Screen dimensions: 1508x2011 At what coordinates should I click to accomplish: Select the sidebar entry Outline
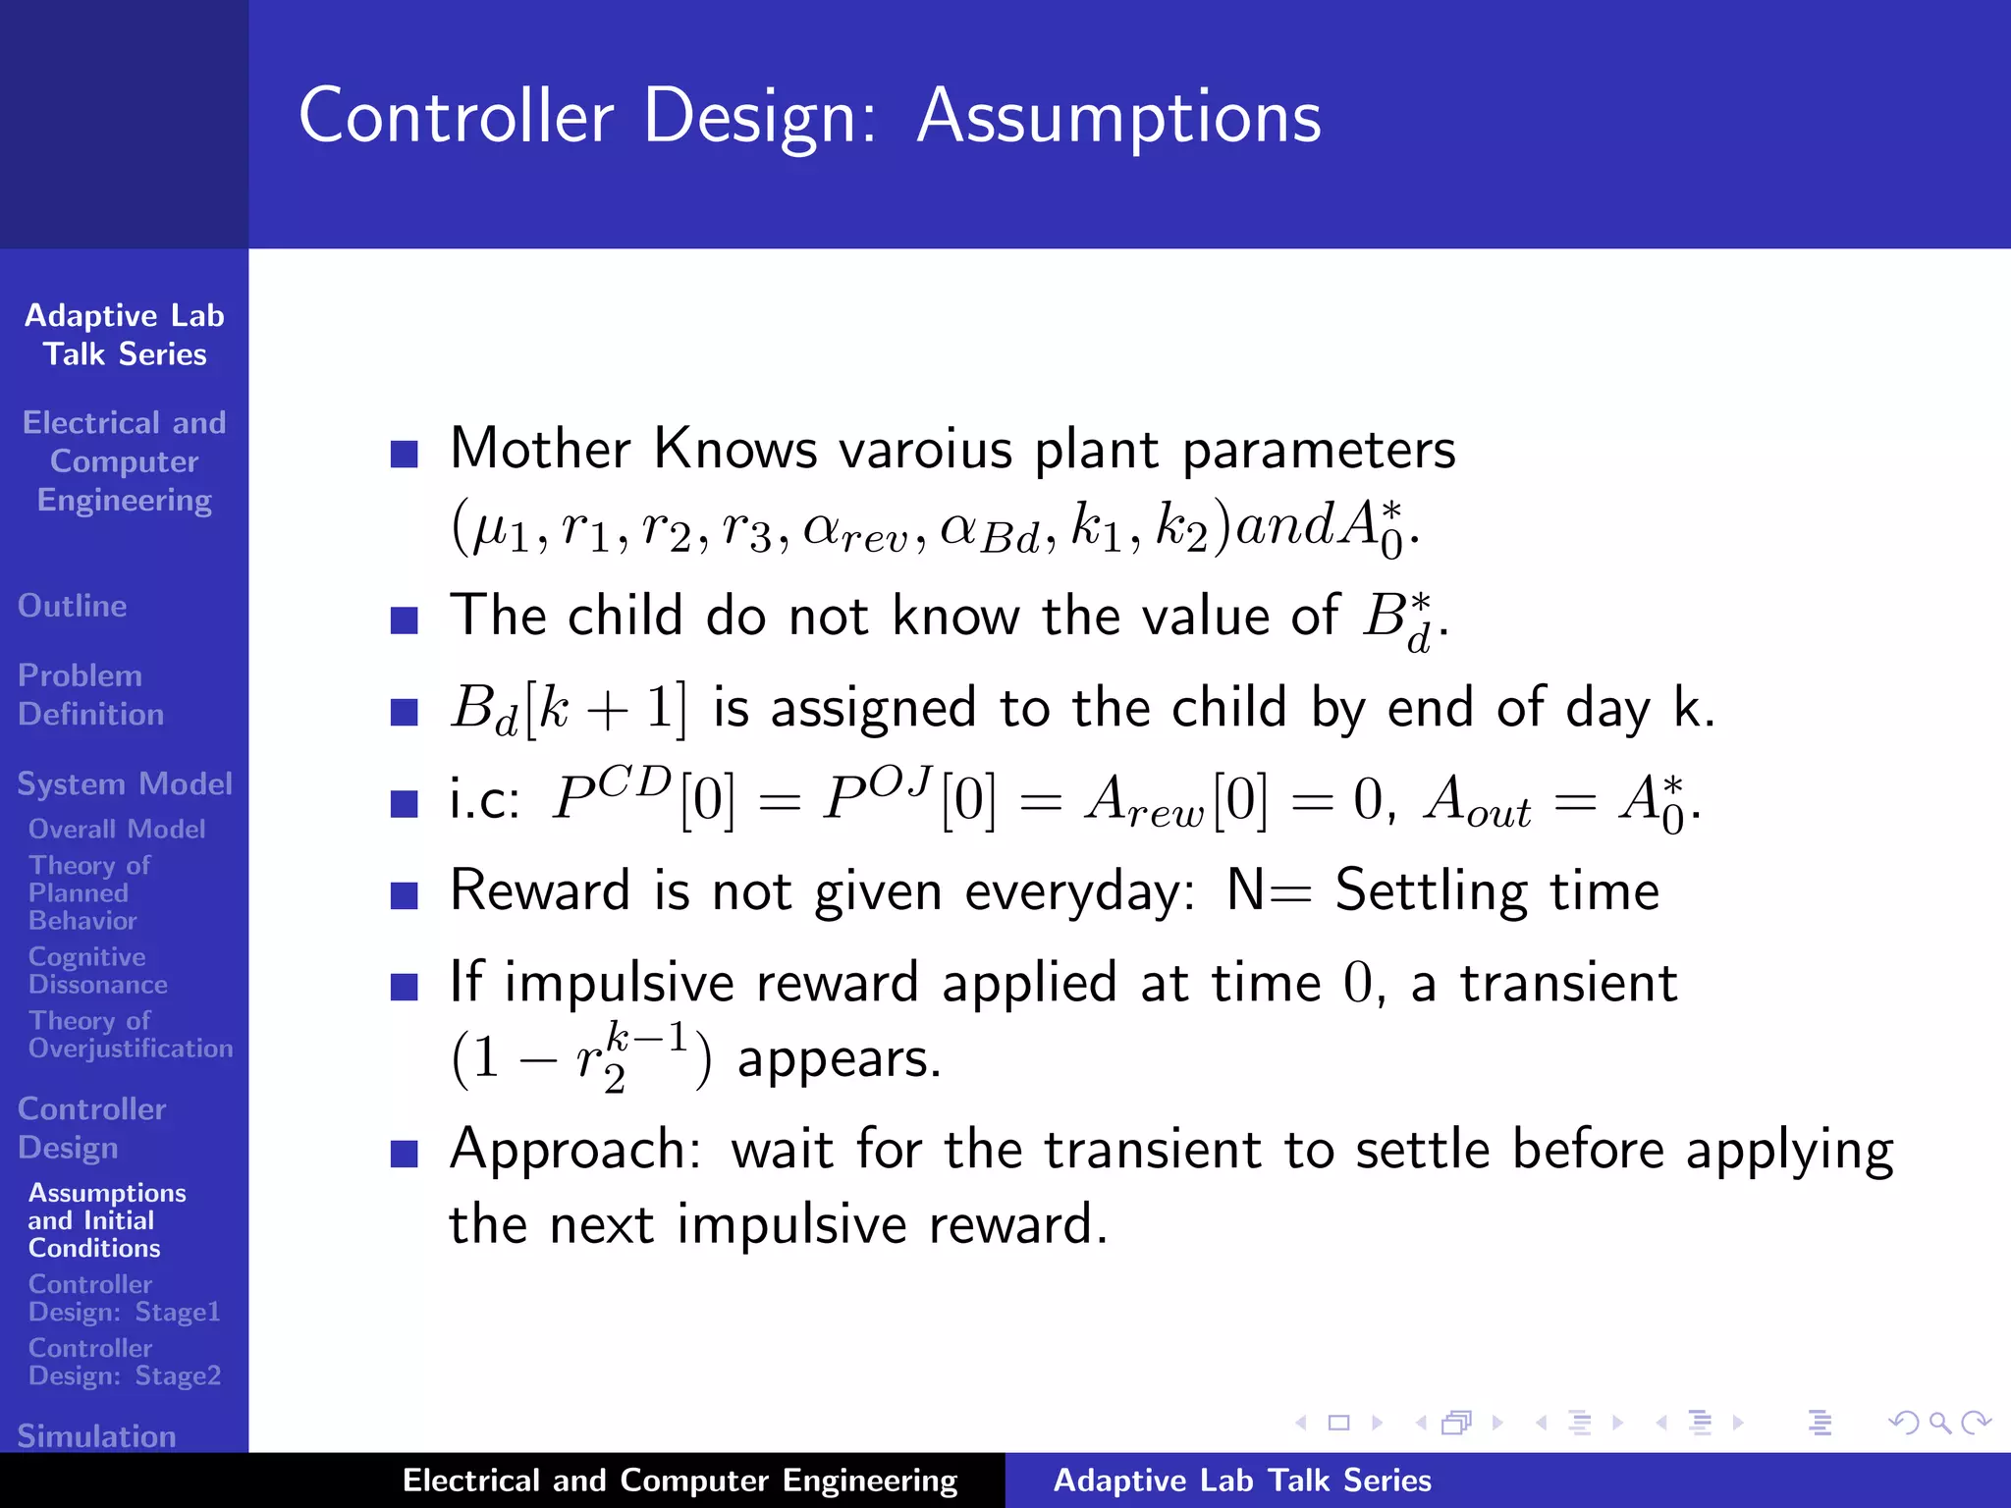click(72, 606)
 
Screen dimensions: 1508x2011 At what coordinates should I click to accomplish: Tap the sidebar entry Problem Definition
click(89, 694)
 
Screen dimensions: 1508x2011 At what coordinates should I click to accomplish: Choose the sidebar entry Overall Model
click(116, 829)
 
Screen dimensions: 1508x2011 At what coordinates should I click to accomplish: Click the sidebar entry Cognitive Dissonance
click(96, 970)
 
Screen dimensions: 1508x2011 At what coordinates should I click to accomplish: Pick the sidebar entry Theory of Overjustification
click(130, 1034)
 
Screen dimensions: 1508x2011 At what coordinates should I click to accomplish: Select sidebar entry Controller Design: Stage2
click(124, 1361)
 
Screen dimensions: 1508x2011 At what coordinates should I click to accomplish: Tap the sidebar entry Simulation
click(96, 1435)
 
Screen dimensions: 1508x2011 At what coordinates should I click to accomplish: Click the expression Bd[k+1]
click(569, 709)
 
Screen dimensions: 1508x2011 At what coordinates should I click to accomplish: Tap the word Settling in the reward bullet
click(1430, 891)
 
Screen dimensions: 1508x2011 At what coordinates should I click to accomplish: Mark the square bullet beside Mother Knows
click(405, 454)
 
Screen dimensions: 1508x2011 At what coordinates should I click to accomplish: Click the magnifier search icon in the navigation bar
click(1939, 1423)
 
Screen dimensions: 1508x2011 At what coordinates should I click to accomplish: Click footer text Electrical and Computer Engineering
click(679, 1481)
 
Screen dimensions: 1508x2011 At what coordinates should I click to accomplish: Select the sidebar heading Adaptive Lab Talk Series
click(125, 335)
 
